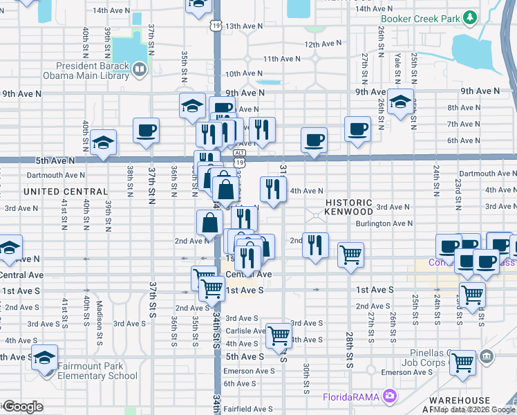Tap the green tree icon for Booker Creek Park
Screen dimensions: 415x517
[x=471, y=16]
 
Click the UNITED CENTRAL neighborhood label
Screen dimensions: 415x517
[x=66, y=192]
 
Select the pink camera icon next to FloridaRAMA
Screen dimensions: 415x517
[x=391, y=396]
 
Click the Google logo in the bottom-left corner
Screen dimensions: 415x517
[x=22, y=406]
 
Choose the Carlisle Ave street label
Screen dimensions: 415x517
[x=245, y=331]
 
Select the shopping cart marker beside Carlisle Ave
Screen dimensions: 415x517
[x=279, y=335]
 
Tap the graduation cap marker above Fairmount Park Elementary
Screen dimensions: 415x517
[x=45, y=358]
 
